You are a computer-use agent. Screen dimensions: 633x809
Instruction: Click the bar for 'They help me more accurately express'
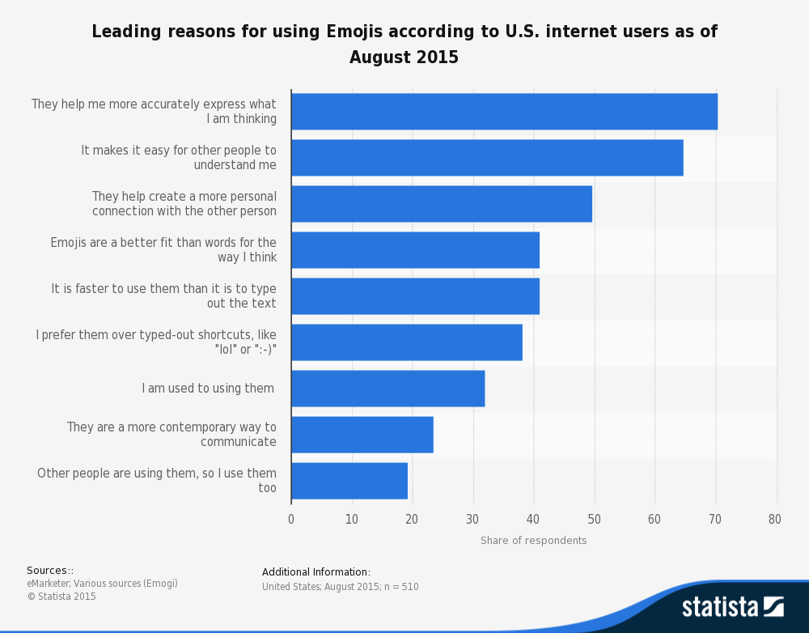[x=504, y=112]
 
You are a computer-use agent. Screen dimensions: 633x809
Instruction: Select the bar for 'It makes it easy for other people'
[x=487, y=158]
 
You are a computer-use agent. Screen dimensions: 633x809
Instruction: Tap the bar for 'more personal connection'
[x=442, y=204]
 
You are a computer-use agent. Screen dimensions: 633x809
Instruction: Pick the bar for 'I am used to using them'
[x=388, y=389]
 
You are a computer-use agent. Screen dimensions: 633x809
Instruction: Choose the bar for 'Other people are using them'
[x=349, y=481]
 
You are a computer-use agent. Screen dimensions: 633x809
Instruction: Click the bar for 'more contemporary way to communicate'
[x=362, y=435]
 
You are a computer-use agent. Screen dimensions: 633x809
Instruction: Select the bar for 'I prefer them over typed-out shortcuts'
[x=406, y=342]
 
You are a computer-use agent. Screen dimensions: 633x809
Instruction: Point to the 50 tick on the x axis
[x=594, y=520]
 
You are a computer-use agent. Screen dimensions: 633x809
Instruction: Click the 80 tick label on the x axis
[x=775, y=520]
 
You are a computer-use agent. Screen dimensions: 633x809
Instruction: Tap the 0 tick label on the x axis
[x=291, y=520]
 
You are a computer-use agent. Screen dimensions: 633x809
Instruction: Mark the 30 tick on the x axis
[x=472, y=520]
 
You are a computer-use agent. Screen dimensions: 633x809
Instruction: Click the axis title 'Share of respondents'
[x=533, y=541]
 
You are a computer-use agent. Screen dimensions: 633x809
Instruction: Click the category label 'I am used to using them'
[x=208, y=389]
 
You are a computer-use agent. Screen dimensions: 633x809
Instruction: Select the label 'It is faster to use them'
[x=163, y=296]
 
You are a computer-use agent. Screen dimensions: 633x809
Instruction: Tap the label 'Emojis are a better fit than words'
[x=163, y=250]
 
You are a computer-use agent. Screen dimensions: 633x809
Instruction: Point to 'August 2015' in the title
[x=404, y=57]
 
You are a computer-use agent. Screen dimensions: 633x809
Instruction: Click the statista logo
[x=732, y=606]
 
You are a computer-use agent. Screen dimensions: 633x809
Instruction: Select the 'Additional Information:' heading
[x=316, y=572]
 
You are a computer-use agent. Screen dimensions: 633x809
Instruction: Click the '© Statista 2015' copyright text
[x=61, y=597]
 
